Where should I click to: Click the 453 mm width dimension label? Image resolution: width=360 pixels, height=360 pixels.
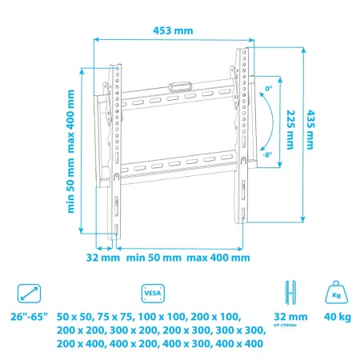(174, 30)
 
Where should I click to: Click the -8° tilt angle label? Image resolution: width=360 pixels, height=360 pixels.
(267, 158)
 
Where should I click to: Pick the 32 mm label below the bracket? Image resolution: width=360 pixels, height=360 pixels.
(102, 258)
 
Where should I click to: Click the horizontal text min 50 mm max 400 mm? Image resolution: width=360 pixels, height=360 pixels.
(188, 258)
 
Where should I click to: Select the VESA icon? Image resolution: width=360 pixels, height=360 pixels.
(152, 292)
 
